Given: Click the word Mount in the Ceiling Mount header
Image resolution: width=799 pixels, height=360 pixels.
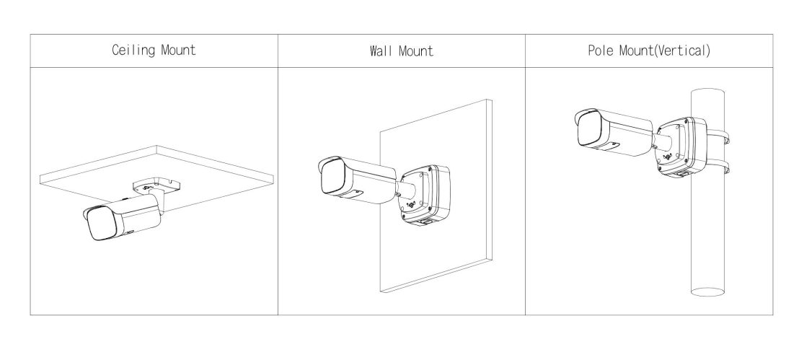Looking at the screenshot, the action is pos(178,50).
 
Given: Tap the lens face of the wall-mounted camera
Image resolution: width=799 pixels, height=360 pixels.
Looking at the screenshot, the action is pos(332,177).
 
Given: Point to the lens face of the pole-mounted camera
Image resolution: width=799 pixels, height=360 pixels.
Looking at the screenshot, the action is pos(590,128).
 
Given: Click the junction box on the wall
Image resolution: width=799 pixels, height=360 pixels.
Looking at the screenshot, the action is pos(425,194).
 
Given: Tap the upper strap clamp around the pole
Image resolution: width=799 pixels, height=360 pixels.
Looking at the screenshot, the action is pos(718,136).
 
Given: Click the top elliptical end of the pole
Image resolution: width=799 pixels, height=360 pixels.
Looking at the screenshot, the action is pos(707,92).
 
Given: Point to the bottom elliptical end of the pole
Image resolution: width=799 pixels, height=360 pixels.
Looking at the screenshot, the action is pos(707,291).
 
